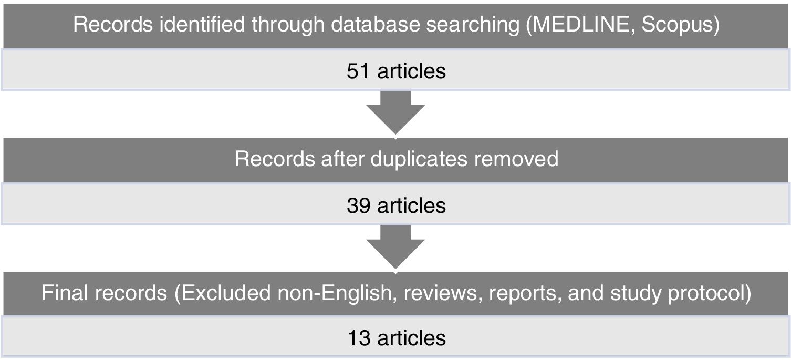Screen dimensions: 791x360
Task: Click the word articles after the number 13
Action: pyautogui.click(x=412, y=337)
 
